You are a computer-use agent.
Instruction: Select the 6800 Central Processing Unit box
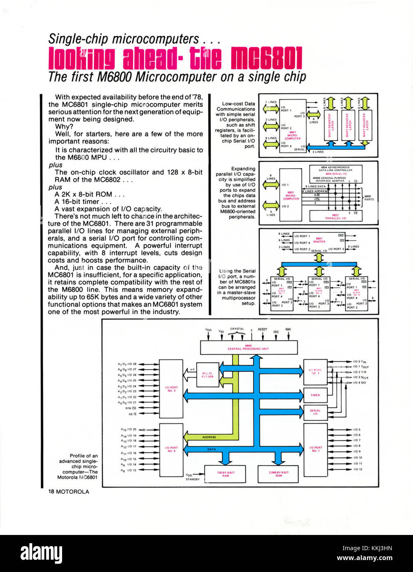pyautogui.click(x=248, y=347)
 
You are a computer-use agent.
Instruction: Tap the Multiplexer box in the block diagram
pyautogui.click(x=208, y=375)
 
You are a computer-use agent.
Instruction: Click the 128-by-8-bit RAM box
pyautogui.click(x=225, y=474)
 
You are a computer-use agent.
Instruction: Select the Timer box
pyautogui.click(x=315, y=395)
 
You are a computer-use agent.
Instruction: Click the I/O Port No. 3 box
pyautogui.click(x=171, y=388)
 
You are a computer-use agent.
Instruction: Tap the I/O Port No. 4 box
pyautogui.click(x=171, y=449)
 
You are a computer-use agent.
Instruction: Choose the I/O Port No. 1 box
pyautogui.click(x=316, y=449)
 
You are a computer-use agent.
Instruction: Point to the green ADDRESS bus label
pyautogui.click(x=209, y=437)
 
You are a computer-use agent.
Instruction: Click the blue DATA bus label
pyautogui.click(x=211, y=449)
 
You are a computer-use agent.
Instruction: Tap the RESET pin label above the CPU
pyautogui.click(x=262, y=330)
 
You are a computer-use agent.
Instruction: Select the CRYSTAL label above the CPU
pyautogui.click(x=237, y=329)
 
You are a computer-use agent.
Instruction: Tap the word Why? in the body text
pyautogui.click(x=64, y=127)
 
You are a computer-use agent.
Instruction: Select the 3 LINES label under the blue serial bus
pyautogui.click(x=318, y=152)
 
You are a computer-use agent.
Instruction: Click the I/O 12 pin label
pyautogui.click(x=357, y=469)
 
